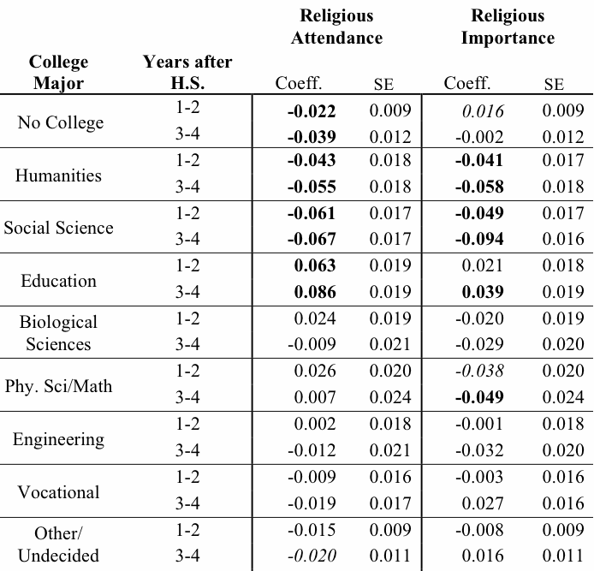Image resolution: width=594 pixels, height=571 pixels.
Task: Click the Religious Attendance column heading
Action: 336,27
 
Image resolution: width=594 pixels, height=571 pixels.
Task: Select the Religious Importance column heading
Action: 508,27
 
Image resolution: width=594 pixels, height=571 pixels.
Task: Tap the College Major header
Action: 58,73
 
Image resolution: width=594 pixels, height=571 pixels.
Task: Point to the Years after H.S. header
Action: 187,73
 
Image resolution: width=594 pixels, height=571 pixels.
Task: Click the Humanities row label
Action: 58,175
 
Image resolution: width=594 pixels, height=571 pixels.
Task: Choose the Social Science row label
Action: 58,228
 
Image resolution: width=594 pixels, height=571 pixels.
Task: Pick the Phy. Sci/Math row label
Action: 58,386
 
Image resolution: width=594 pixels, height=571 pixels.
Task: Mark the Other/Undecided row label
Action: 58,544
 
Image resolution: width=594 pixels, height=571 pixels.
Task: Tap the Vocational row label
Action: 58,492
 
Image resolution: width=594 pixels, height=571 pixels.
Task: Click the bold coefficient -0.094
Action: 480,241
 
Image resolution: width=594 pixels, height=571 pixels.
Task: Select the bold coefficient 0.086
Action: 314,293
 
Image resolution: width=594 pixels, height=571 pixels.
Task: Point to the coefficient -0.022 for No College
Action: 312,110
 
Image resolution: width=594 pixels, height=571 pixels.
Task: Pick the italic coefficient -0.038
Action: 480,372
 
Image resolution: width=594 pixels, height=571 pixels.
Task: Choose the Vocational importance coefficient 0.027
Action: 483,503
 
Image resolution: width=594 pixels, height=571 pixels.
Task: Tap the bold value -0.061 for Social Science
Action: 312,214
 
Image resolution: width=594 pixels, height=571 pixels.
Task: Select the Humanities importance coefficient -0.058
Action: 480,187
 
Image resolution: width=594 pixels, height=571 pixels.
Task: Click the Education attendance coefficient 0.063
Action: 314,266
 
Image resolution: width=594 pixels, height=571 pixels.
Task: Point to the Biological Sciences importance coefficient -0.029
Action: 480,345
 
